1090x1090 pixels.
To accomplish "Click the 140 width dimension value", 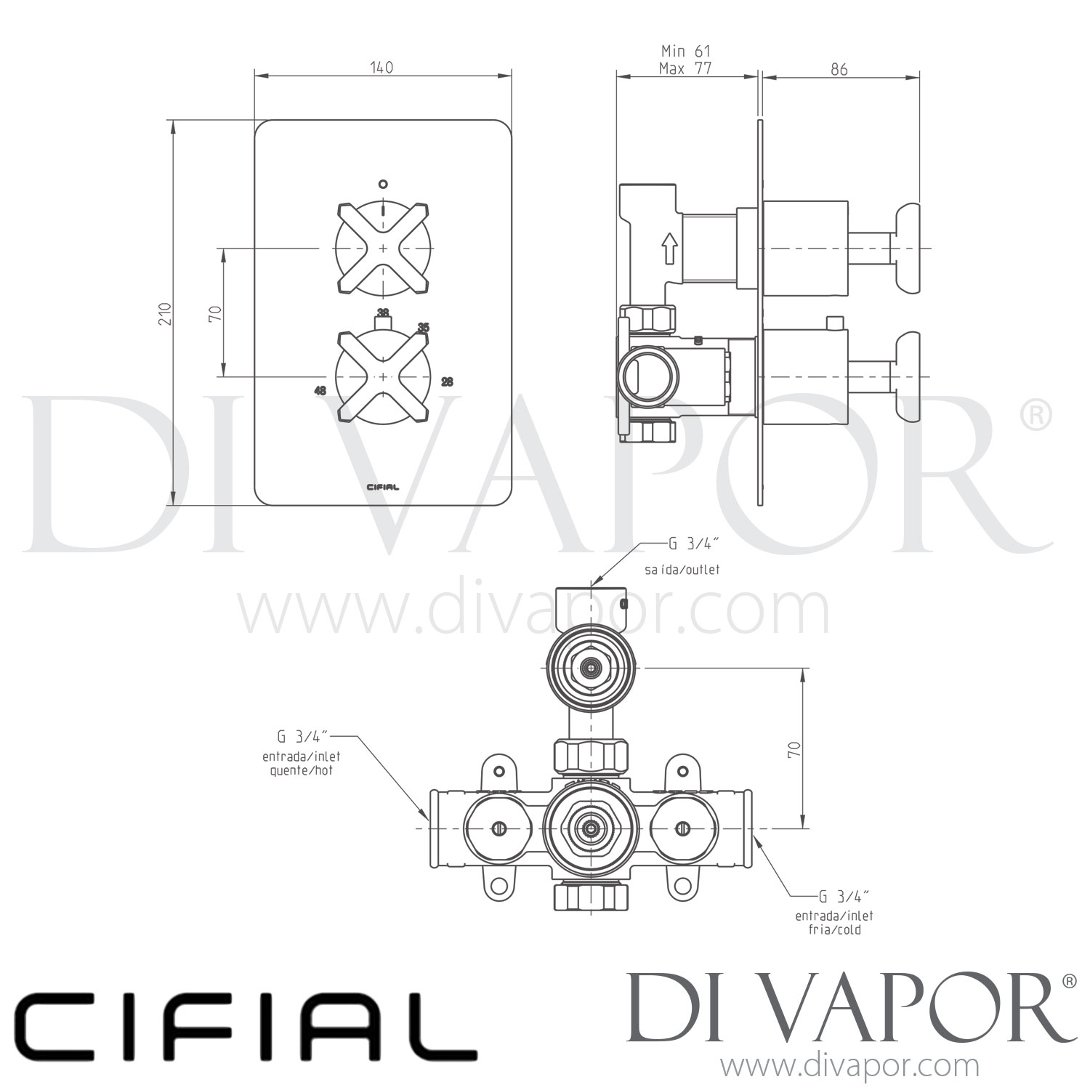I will tap(381, 68).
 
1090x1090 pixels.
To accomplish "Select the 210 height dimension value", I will tap(166, 313).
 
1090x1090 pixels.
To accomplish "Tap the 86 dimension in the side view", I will tap(839, 69).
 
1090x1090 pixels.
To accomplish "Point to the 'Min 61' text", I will tap(685, 51).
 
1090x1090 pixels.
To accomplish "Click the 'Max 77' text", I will tap(685, 68).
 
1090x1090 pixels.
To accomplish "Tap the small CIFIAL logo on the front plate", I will tap(381, 487).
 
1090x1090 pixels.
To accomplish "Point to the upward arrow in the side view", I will tap(669, 249).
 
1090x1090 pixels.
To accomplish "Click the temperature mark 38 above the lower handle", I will tap(383, 312).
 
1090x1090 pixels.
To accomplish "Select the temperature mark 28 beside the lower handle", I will tap(447, 381).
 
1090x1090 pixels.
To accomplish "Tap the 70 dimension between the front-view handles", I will tap(214, 313).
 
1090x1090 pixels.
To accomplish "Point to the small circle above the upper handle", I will tap(383, 184).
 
